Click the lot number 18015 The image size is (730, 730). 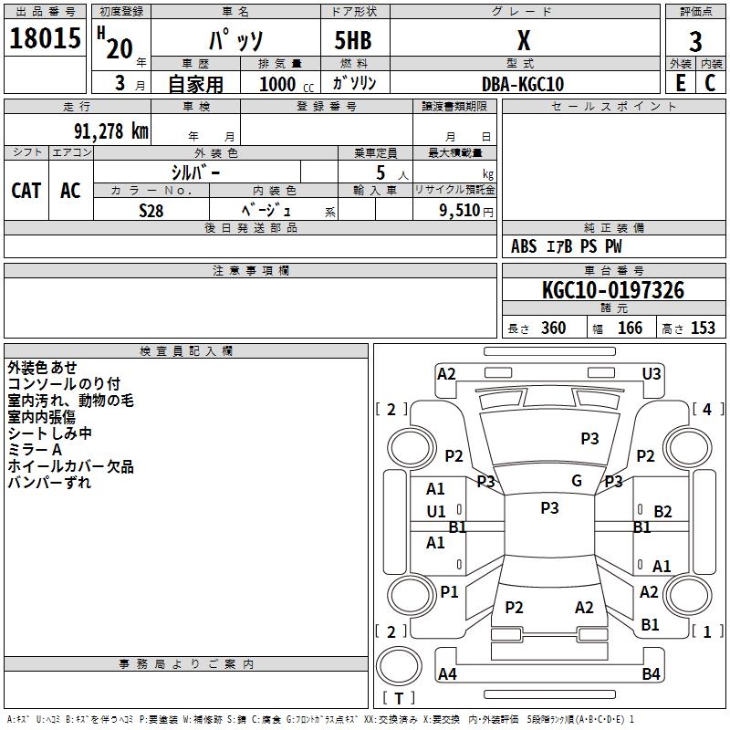tap(45, 38)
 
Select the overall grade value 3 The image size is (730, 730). tap(695, 41)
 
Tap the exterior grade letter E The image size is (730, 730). tap(680, 83)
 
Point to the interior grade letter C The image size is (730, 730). tap(710, 83)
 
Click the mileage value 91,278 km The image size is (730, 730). tap(111, 131)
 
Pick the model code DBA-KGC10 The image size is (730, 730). tap(523, 84)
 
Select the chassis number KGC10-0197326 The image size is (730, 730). tap(613, 290)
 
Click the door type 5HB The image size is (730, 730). tap(353, 40)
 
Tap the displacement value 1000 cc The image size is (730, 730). tap(287, 84)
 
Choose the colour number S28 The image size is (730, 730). tap(151, 211)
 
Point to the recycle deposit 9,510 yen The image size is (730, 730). tap(466, 211)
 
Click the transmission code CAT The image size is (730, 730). tap(26, 191)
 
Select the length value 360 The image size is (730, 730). tap(553, 328)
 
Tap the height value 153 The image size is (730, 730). tap(703, 328)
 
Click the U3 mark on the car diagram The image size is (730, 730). tap(652, 374)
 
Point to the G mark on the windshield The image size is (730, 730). tap(577, 480)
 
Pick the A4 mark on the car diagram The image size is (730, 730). tap(447, 673)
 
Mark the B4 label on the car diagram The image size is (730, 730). tap(651, 673)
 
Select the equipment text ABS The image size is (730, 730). tap(524, 246)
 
